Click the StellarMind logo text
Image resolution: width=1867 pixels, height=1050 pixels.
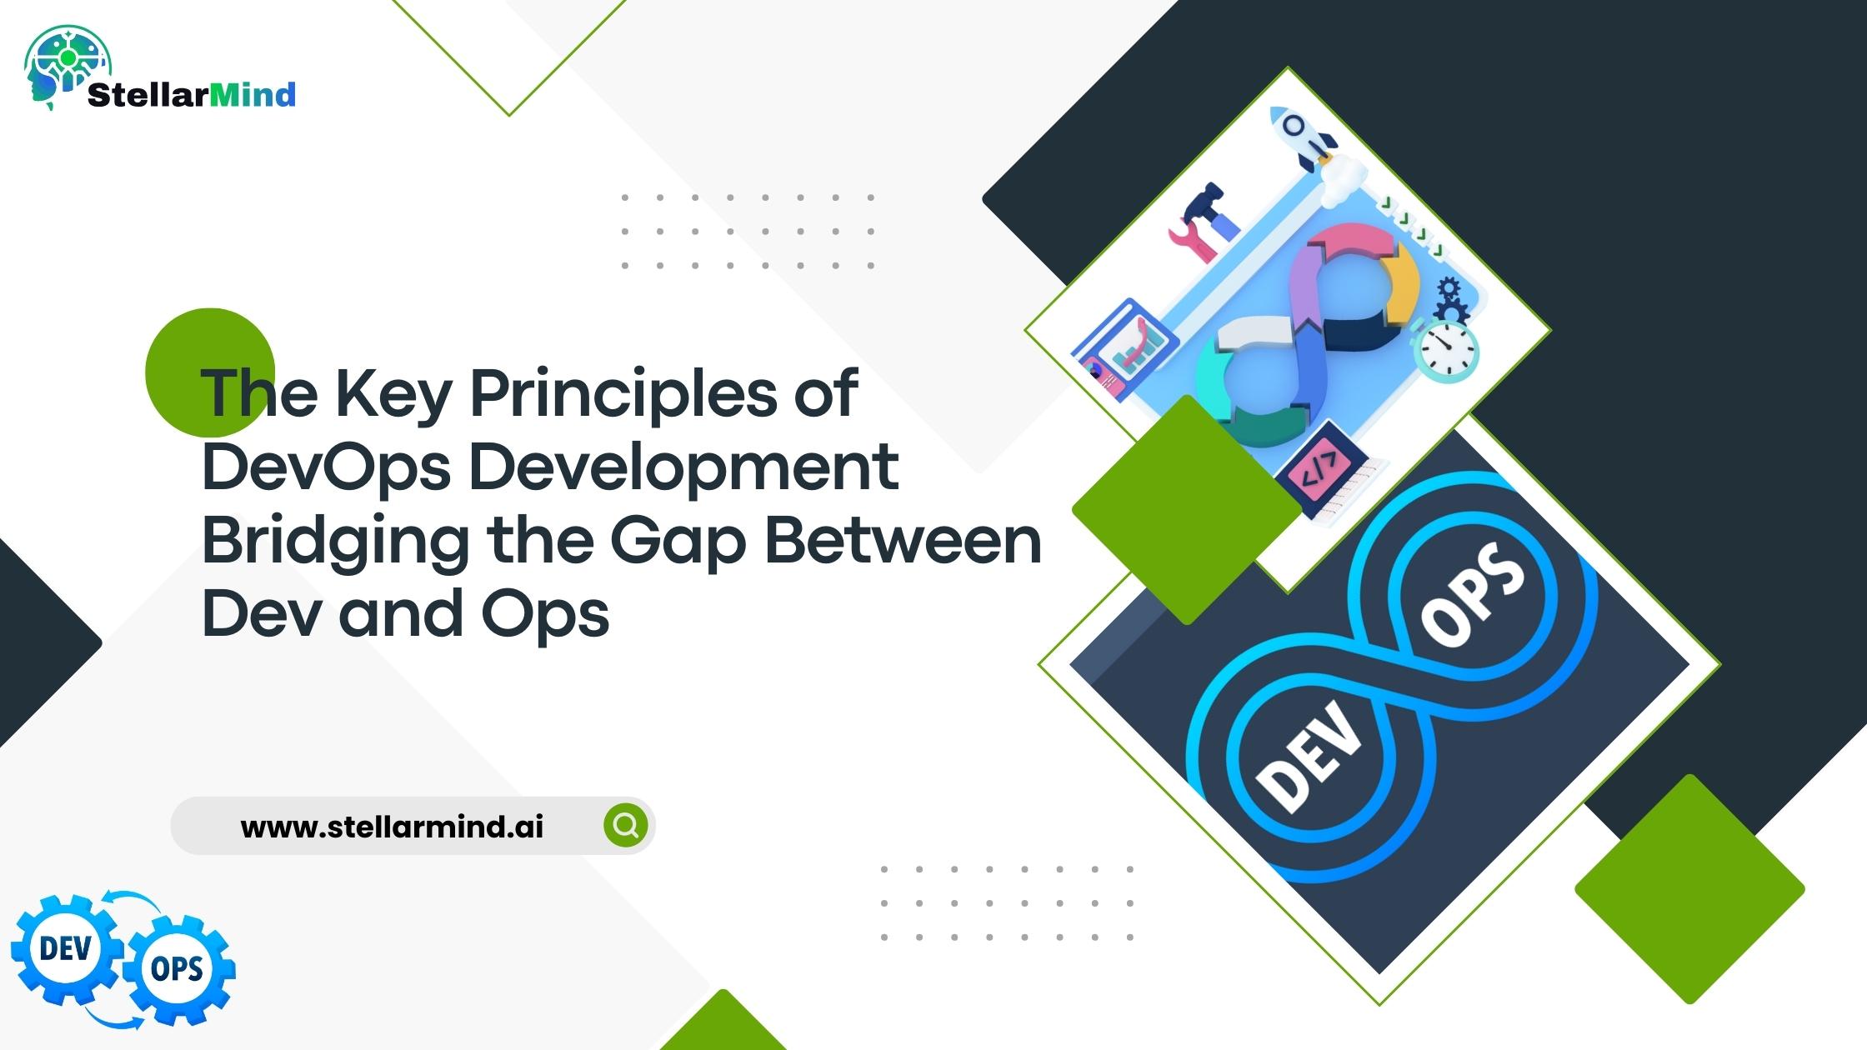click(x=191, y=95)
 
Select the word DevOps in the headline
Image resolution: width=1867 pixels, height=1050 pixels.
click(x=327, y=467)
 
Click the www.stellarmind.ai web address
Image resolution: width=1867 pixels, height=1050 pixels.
click(x=392, y=827)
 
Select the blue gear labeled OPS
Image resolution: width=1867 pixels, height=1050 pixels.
click(x=178, y=969)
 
